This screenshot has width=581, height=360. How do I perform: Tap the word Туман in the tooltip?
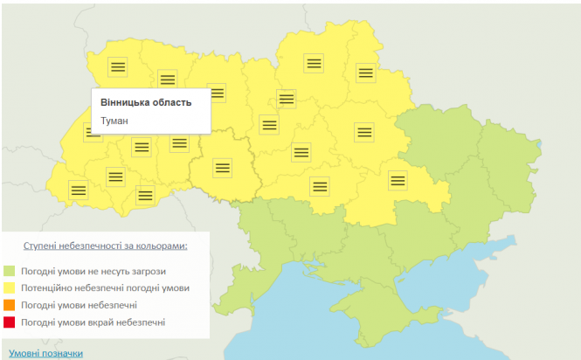click(x=114, y=121)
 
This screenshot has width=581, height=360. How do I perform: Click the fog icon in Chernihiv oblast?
click(x=313, y=63)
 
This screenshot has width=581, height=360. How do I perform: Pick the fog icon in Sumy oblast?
click(x=365, y=73)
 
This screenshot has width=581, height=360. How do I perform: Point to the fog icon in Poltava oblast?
click(x=364, y=132)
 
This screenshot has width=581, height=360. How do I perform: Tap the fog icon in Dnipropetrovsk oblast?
click(x=398, y=180)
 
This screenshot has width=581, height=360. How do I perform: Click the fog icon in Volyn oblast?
click(x=118, y=66)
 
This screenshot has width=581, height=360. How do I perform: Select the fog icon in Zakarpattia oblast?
click(x=78, y=189)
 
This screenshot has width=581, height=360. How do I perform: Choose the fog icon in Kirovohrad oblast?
click(x=320, y=185)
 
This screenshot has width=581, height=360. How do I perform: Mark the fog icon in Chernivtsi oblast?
click(x=146, y=195)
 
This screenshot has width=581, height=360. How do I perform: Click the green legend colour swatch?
click(x=10, y=270)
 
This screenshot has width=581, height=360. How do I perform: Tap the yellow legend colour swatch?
click(x=10, y=287)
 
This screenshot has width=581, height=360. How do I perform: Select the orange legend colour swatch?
click(x=10, y=305)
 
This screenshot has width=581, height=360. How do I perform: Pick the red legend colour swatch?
click(x=10, y=322)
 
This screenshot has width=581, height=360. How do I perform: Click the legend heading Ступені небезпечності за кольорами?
click(x=105, y=246)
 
